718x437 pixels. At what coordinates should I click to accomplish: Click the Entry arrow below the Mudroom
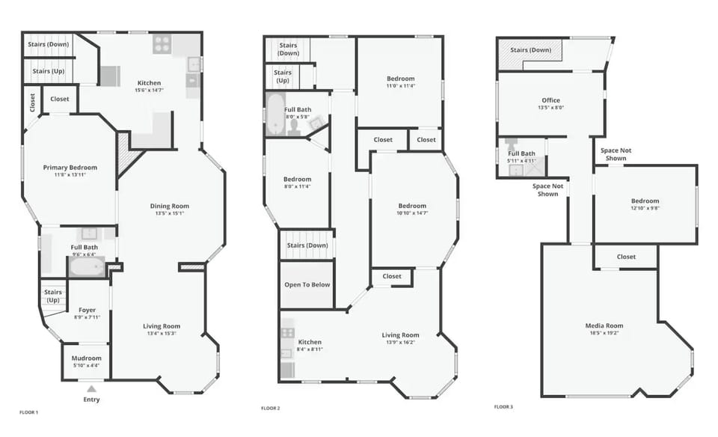(x=91, y=389)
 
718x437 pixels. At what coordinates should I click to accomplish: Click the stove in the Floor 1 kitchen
(x=162, y=44)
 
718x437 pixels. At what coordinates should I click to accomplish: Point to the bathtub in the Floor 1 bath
(x=87, y=266)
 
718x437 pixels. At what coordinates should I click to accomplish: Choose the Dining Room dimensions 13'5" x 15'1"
(x=170, y=213)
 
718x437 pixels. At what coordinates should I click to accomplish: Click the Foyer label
(x=88, y=309)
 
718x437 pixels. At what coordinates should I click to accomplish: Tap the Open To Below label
(x=307, y=284)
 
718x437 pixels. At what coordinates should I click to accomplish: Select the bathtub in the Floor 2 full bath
(x=275, y=114)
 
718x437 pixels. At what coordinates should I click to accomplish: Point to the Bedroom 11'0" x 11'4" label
(x=400, y=79)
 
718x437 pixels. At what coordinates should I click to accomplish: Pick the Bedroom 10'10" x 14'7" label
(x=412, y=206)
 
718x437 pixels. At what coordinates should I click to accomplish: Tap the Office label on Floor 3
(x=550, y=100)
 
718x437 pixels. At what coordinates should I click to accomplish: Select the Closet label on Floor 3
(x=626, y=257)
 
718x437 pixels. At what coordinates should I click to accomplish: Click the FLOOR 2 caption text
(x=270, y=408)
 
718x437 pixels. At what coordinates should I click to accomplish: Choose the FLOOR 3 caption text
(x=503, y=407)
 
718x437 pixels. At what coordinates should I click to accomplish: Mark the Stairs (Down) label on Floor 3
(x=530, y=50)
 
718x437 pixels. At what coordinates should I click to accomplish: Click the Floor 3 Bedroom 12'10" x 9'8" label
(x=645, y=201)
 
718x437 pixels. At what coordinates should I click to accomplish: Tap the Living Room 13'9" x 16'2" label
(x=400, y=335)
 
